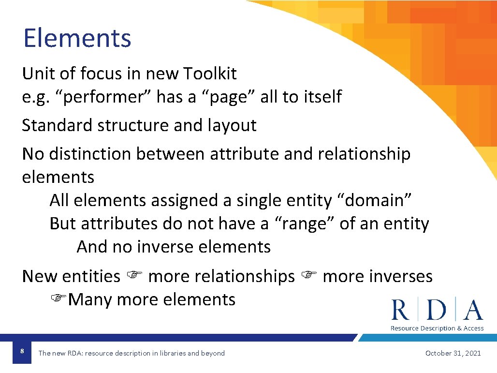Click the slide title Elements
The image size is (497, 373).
click(77, 38)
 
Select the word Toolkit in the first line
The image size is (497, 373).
click(210, 74)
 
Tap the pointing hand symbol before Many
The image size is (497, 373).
click(59, 299)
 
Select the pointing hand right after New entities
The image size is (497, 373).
click(133, 276)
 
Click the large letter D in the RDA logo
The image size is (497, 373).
click(437, 310)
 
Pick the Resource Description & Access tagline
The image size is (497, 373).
click(437, 328)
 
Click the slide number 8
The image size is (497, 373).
click(22, 350)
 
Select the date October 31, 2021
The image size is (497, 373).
click(453, 353)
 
